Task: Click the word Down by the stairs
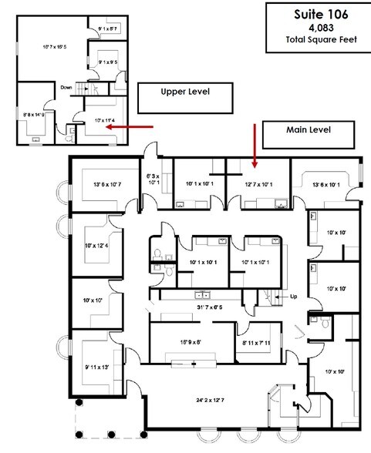tap(67, 87)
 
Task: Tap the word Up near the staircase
tap(292, 296)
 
